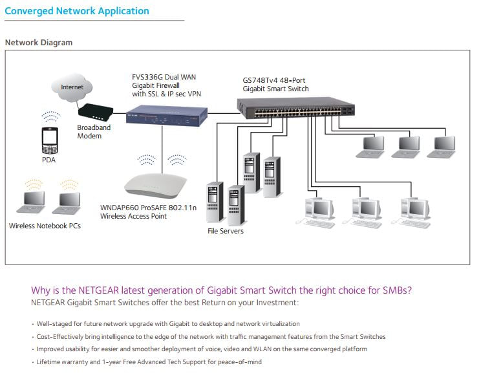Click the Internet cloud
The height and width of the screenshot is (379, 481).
tap(72, 87)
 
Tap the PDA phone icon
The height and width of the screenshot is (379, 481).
tap(50, 138)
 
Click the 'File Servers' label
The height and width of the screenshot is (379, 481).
tap(226, 231)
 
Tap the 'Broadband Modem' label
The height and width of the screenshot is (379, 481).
tap(94, 132)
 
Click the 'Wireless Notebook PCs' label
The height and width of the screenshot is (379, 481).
tap(45, 226)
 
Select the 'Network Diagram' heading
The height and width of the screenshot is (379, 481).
tap(39, 43)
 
